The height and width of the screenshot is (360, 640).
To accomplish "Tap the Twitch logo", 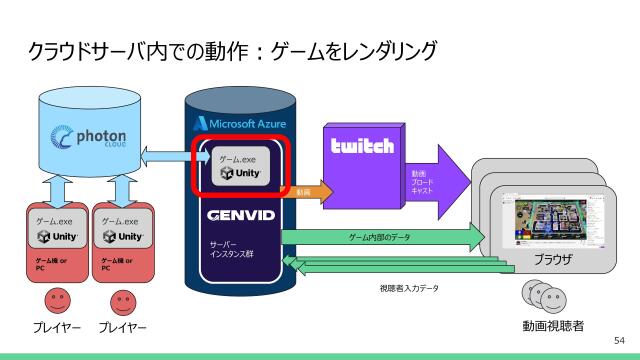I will click(362, 146).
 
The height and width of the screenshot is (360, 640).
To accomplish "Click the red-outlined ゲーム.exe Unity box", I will click(241, 166).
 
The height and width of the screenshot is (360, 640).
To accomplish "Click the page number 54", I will click(618, 341).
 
